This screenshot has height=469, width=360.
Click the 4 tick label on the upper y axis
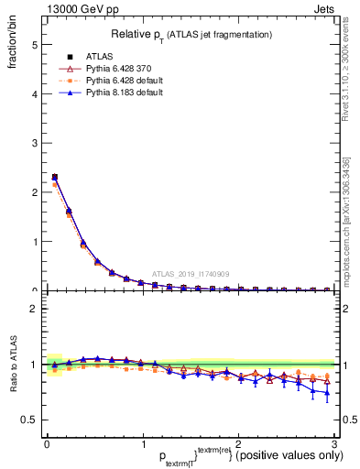(x=34, y=93)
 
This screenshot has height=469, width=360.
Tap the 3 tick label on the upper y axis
(x=34, y=143)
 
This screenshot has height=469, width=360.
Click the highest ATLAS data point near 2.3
(x=55, y=177)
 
